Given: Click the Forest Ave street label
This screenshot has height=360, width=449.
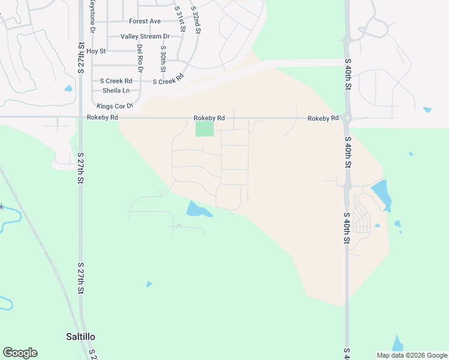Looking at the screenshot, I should pos(145,22).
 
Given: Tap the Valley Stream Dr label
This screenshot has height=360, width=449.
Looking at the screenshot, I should pos(145,37).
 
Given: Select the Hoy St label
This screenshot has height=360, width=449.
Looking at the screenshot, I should pos(96,52).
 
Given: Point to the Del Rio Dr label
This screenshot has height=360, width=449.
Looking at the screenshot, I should pos(140,58).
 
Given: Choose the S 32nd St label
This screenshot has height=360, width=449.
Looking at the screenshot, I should pos(194,19).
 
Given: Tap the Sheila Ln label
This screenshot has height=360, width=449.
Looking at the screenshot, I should pos(116,91).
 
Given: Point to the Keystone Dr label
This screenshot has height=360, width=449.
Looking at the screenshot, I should pos(92,17).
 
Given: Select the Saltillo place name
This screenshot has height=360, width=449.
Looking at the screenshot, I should pos(80,337).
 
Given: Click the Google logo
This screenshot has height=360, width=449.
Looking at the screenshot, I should pos(20,353).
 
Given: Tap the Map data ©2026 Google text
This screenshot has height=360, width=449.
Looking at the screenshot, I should pos(411,355).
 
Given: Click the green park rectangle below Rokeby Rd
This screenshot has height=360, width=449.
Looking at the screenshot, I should pos(204,129).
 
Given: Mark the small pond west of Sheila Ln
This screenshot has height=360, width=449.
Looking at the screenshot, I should pos(68,89).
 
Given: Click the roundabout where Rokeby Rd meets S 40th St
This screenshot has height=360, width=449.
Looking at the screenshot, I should pos(347,118).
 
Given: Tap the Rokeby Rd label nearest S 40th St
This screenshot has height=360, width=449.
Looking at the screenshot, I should pos(323,119).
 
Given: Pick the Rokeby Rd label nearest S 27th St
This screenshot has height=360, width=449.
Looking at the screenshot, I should pos(102,118).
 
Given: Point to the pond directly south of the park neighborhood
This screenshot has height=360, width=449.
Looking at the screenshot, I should pos(197,210).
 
